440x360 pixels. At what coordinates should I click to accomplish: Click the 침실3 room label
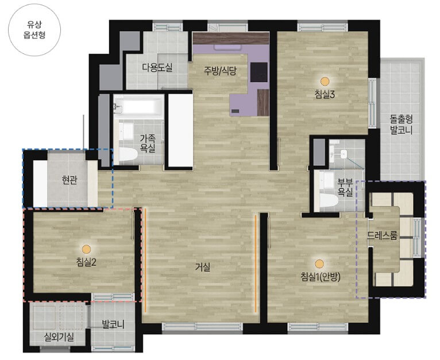click(x=325, y=94)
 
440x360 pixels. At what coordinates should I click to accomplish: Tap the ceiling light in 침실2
click(x=86, y=249)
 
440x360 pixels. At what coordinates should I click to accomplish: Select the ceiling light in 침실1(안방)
click(x=319, y=264)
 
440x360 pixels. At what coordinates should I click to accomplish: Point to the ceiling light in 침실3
click(x=325, y=81)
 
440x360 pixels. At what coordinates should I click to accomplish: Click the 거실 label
click(x=203, y=267)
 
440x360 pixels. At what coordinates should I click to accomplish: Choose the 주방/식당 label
click(x=220, y=71)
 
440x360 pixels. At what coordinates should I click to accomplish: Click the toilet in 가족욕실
click(x=128, y=154)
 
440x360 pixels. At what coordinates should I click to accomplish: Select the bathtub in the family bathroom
click(x=138, y=106)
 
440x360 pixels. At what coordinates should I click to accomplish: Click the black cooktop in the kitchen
click(x=258, y=72)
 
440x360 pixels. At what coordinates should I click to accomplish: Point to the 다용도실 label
click(x=157, y=68)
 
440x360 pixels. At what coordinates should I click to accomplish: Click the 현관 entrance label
click(x=70, y=180)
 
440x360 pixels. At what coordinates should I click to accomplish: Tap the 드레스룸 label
click(x=382, y=236)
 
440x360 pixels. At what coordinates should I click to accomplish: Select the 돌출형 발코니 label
click(x=402, y=125)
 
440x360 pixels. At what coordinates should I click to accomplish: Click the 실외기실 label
click(x=59, y=337)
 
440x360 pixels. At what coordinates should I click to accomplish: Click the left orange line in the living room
click(x=145, y=260)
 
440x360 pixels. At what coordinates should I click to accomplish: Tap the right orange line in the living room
click(x=256, y=264)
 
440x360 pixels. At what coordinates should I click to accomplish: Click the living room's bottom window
click(x=202, y=327)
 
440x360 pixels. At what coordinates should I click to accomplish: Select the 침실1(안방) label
click(x=320, y=277)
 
